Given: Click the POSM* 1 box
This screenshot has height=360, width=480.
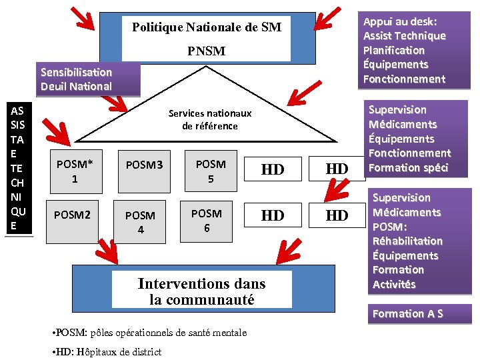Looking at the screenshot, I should [x=75, y=171].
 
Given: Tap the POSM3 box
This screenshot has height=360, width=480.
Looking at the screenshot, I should [x=140, y=164].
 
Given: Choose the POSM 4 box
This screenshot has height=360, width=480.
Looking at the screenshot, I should [x=140, y=222].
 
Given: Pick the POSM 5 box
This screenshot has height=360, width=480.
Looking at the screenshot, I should [x=210, y=171].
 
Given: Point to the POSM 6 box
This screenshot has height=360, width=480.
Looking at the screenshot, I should [x=206, y=220].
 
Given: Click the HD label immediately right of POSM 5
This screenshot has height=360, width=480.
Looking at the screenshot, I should [x=272, y=170].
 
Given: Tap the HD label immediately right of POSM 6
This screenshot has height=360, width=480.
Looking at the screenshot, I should [x=272, y=216].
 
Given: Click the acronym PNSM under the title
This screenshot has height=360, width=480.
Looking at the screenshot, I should [x=206, y=51].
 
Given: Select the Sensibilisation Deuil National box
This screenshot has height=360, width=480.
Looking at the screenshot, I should [x=76, y=79].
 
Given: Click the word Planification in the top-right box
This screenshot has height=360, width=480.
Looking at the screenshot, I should [x=393, y=50].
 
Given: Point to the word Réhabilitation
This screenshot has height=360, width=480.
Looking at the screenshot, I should [x=407, y=241].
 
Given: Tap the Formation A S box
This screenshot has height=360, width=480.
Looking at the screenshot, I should [x=407, y=313].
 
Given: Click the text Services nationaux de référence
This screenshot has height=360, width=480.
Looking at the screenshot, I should [x=210, y=120].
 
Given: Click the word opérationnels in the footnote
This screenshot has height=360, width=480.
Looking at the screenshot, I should [x=148, y=332].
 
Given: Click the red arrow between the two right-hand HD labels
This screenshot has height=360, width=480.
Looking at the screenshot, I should [x=337, y=192].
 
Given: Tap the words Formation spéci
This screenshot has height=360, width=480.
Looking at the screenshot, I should [x=408, y=167].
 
